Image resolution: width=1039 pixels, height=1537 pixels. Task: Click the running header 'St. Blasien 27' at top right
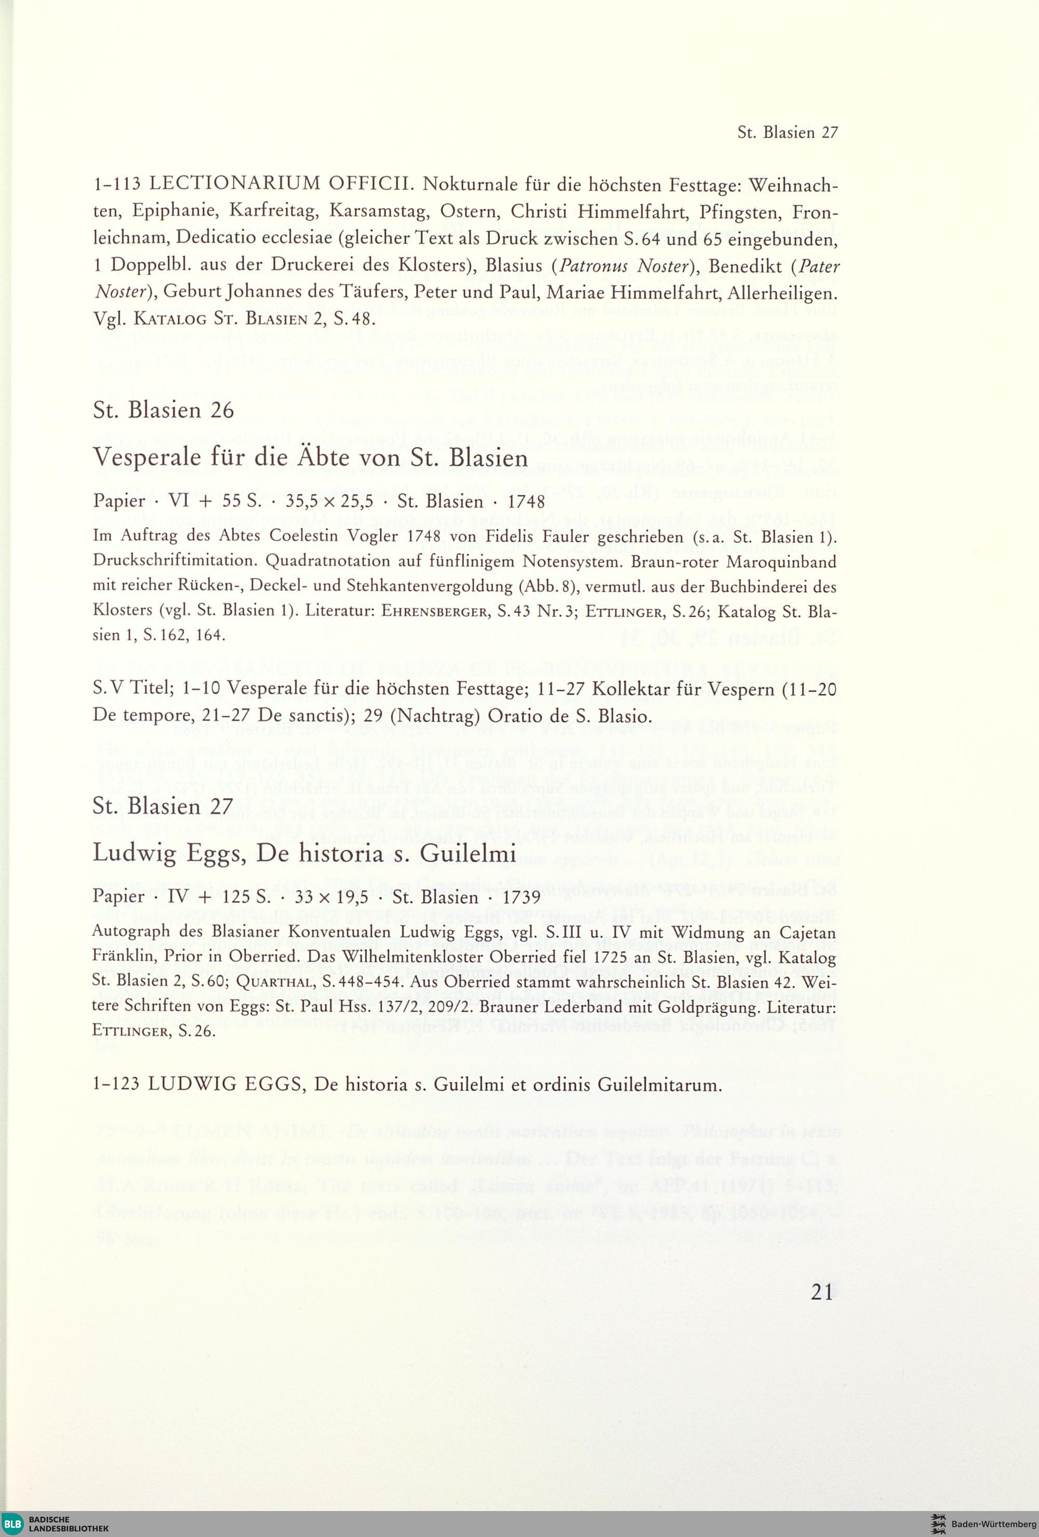click(787, 133)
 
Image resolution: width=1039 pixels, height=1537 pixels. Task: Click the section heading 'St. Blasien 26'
click(163, 411)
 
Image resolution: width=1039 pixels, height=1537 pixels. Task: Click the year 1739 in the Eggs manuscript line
click(522, 898)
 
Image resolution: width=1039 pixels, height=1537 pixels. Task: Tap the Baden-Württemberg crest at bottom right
click(938, 1525)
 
